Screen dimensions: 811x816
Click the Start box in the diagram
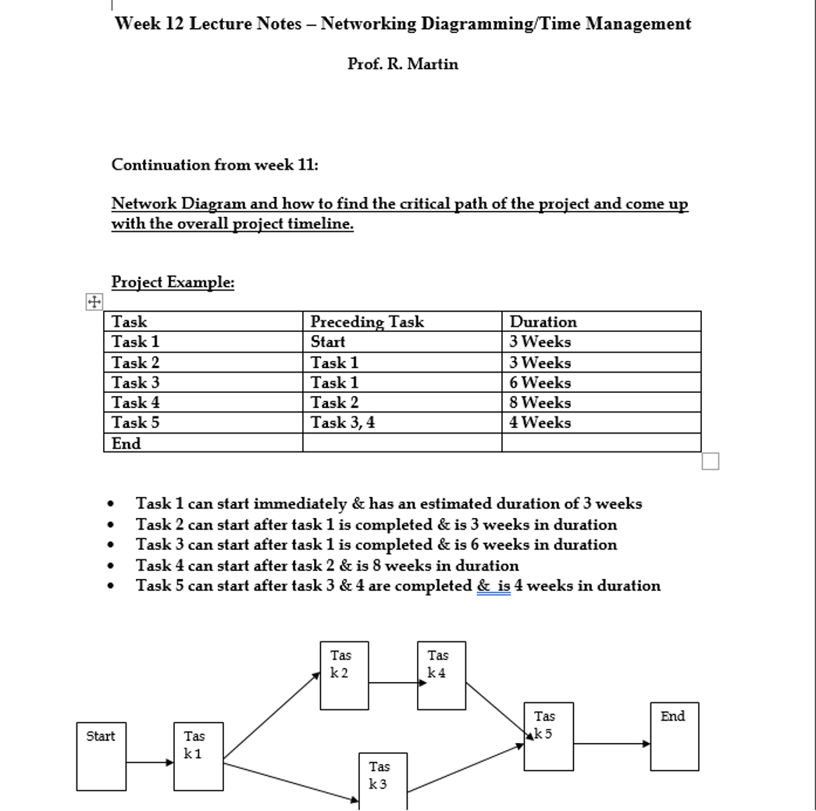pyautogui.click(x=101, y=756)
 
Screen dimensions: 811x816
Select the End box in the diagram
pyautogui.click(x=674, y=736)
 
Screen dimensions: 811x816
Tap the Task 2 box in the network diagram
pyautogui.click(x=344, y=675)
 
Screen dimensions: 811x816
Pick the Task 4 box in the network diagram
pyautogui.click(x=440, y=675)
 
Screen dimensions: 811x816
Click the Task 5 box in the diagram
pyautogui.click(x=548, y=735)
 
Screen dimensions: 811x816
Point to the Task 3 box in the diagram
pyautogui.click(x=383, y=781)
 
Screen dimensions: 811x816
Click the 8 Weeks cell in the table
pyautogui.click(x=540, y=403)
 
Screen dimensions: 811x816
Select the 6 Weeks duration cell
pyautogui.click(x=540, y=383)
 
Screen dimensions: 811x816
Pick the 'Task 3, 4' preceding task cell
pyautogui.click(x=343, y=423)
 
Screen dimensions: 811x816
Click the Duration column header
pyautogui.click(x=543, y=322)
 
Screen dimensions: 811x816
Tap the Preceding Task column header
pyautogui.click(x=367, y=322)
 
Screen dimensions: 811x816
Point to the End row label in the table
pyautogui.click(x=126, y=444)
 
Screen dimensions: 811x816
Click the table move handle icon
pyautogui.click(x=94, y=302)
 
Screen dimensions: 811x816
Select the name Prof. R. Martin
pyautogui.click(x=403, y=64)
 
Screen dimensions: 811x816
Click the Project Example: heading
pyautogui.click(x=173, y=282)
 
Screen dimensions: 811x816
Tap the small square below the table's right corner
pyautogui.click(x=710, y=462)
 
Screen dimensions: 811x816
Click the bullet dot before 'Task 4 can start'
pyautogui.click(x=116, y=566)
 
